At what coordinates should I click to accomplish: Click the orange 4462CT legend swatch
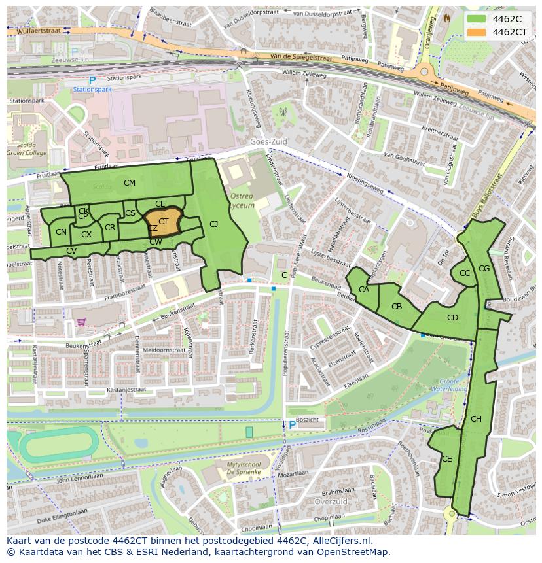pyautogui.click(x=477, y=32)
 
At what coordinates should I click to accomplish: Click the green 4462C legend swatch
pyautogui.click(x=477, y=19)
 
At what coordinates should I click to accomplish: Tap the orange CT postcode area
pyautogui.click(x=163, y=222)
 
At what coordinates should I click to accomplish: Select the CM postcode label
pyautogui.click(x=130, y=183)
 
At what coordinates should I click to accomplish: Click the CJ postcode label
pyautogui.click(x=213, y=224)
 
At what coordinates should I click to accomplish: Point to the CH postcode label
pyautogui.click(x=476, y=419)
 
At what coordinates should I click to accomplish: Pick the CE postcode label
pyautogui.click(x=446, y=459)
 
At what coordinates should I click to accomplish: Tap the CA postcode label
pyautogui.click(x=364, y=290)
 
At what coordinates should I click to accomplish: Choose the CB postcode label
pyautogui.click(x=397, y=307)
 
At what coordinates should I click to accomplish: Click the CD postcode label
pyautogui.click(x=452, y=318)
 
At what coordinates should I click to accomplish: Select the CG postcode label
pyautogui.click(x=484, y=269)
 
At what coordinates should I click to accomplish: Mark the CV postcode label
pyautogui.click(x=71, y=251)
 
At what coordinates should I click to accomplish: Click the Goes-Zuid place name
pyautogui.click(x=269, y=141)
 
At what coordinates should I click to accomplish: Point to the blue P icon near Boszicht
pyautogui.click(x=292, y=425)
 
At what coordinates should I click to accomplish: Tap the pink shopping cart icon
pyautogui.click(x=81, y=322)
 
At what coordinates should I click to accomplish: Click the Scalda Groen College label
pyautogui.click(x=27, y=149)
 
